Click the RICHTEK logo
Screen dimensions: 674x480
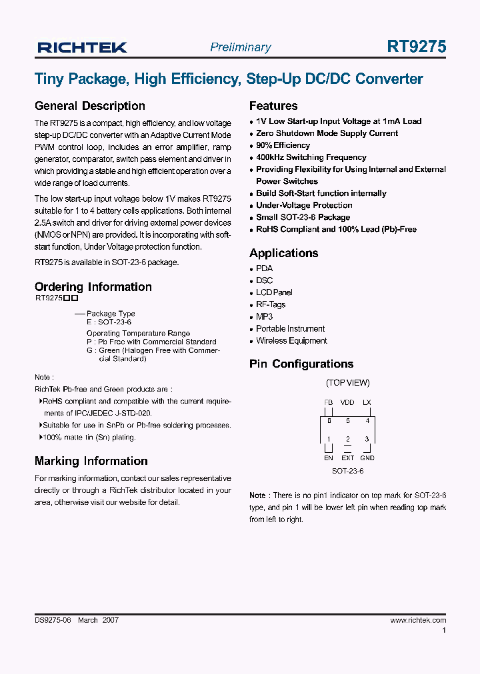point(82,47)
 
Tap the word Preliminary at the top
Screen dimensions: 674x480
point(240,47)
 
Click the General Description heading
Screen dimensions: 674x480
point(89,106)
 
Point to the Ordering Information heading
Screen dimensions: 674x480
point(93,287)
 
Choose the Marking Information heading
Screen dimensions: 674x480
point(91,461)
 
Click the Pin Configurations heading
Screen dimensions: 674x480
point(301,364)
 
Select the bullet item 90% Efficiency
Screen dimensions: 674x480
point(283,145)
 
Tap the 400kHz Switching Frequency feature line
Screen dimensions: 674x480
point(311,157)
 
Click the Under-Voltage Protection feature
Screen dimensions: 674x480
point(304,205)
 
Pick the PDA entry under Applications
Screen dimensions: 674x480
point(264,268)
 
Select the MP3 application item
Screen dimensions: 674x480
point(264,316)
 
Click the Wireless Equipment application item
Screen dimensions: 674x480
point(291,340)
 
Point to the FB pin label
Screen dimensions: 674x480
point(328,402)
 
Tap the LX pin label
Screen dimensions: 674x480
point(367,402)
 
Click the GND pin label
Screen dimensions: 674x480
point(367,458)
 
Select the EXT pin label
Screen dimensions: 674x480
point(347,458)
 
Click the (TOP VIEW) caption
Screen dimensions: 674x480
point(347,383)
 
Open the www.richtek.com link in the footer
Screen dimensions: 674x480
point(417,620)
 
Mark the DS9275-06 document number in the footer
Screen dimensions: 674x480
point(53,620)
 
